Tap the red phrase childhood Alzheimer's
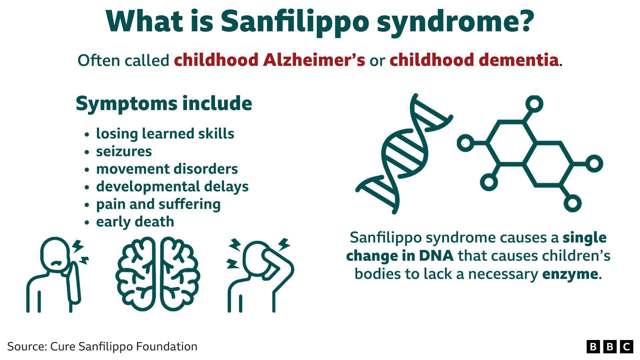click(269, 60)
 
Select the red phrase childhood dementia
click(474, 60)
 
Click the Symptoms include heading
click(164, 103)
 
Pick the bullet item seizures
click(124, 151)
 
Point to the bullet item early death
click(135, 222)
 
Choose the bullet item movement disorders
click(167, 169)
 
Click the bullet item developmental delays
click(172, 187)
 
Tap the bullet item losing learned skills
click(165, 134)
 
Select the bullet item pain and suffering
click(158, 204)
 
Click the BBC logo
click(610, 347)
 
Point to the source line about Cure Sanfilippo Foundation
click(102, 347)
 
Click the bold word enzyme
click(570, 274)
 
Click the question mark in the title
click(524, 22)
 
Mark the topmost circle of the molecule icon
click(534, 104)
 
